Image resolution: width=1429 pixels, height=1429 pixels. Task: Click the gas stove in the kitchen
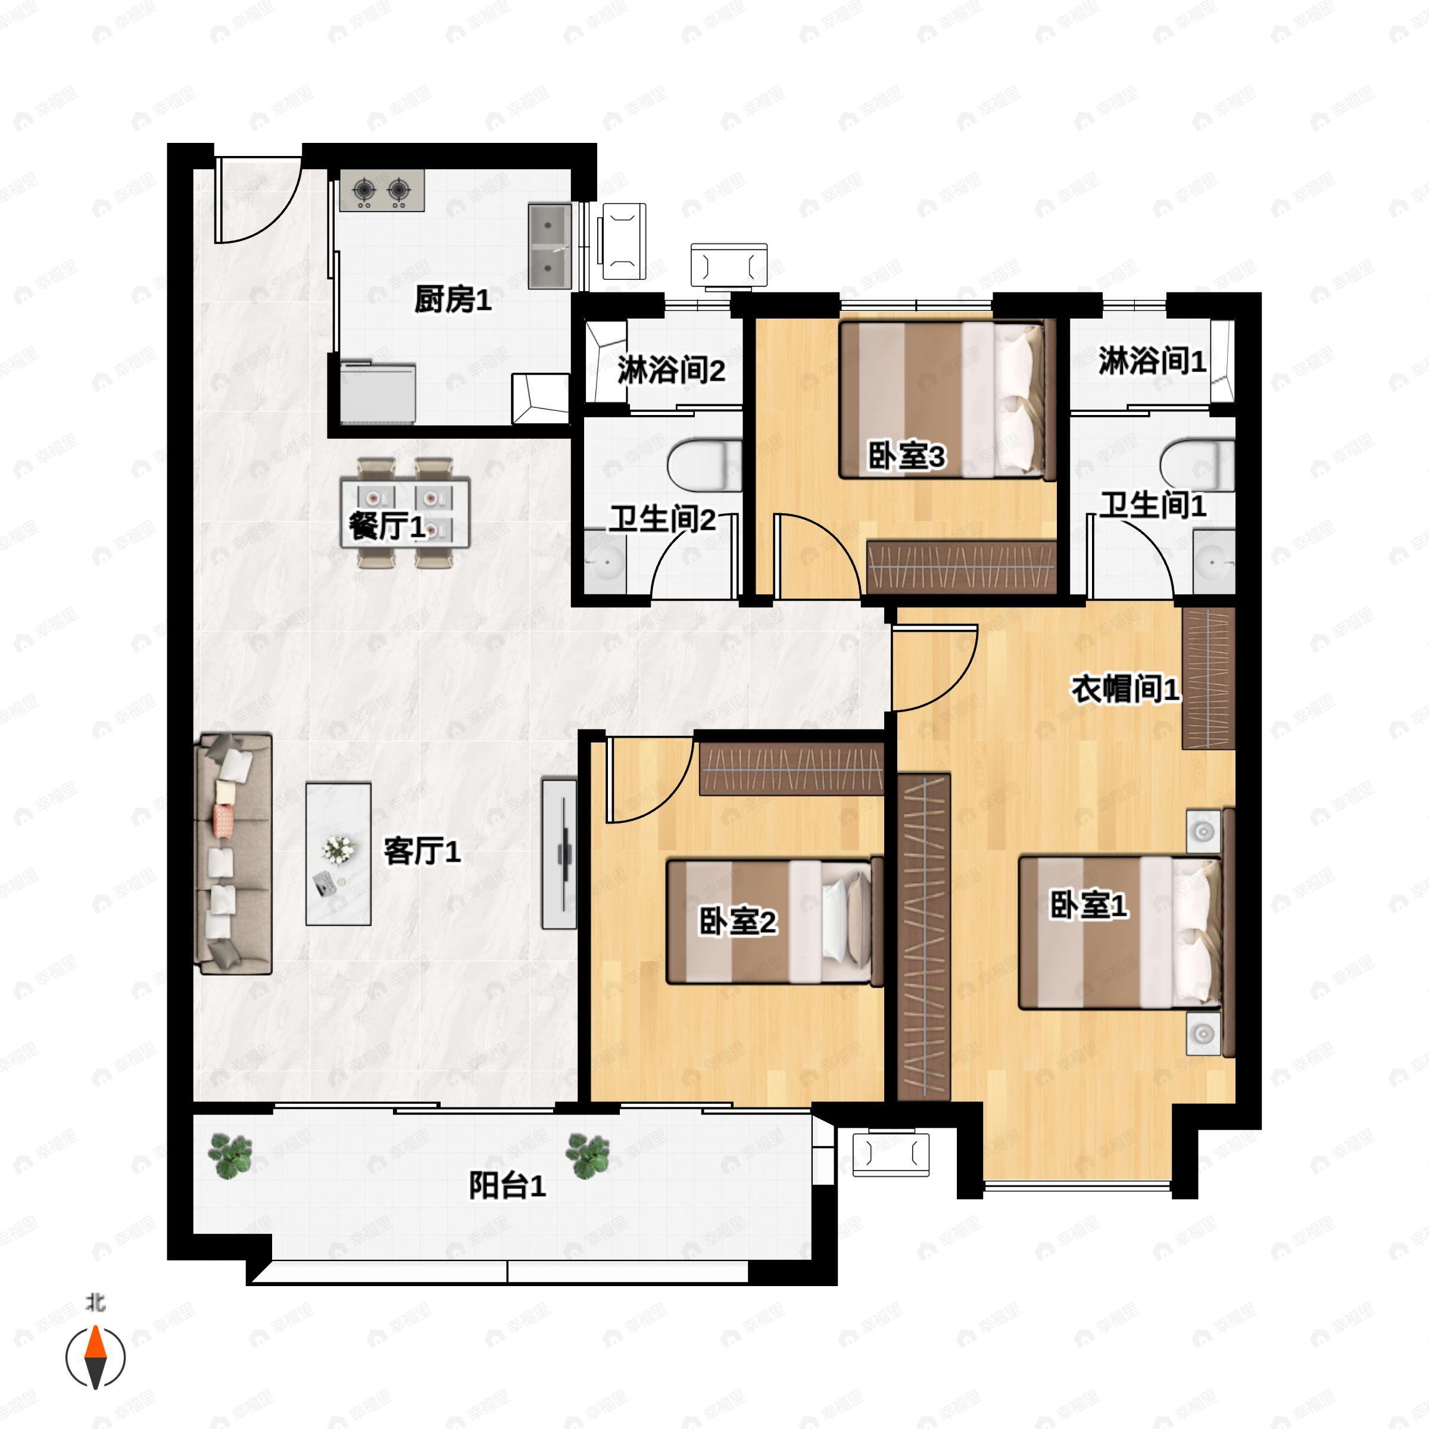(382, 191)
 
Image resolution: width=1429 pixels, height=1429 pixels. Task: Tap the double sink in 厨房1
(550, 247)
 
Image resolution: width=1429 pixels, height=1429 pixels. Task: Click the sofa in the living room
(233, 854)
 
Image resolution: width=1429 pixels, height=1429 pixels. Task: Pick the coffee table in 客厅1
(339, 854)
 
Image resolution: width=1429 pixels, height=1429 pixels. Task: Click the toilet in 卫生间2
(705, 466)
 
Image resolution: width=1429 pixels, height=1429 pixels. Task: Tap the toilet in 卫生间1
(1197, 466)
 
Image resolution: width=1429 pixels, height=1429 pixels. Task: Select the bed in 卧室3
(947, 400)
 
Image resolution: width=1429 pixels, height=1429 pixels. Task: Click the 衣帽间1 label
(1125, 689)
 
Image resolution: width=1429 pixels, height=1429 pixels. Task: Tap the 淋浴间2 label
(671, 370)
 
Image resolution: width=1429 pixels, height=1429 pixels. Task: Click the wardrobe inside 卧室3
(961, 567)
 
